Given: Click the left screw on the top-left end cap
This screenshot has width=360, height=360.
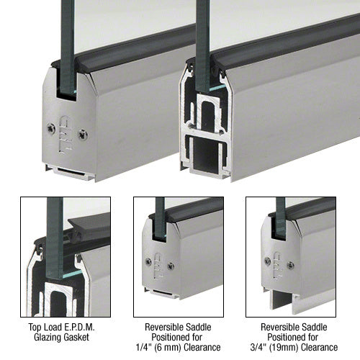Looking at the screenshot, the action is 51,128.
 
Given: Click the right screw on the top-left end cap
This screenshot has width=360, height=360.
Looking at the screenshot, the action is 83,135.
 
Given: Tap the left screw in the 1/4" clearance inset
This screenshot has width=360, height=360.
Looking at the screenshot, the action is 149,261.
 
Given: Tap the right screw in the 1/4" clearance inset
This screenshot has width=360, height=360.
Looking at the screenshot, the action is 171,266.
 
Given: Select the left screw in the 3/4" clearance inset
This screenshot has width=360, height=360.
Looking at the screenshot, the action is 268,261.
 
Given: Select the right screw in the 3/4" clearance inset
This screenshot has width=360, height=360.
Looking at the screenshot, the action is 290,265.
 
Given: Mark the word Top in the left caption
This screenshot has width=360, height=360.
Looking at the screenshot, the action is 34,327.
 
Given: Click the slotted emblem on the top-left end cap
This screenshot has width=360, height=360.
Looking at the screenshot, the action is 65,135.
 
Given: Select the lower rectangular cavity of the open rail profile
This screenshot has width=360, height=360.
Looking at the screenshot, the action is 206,152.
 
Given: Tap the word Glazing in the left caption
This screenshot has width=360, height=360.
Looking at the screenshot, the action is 45,337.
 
